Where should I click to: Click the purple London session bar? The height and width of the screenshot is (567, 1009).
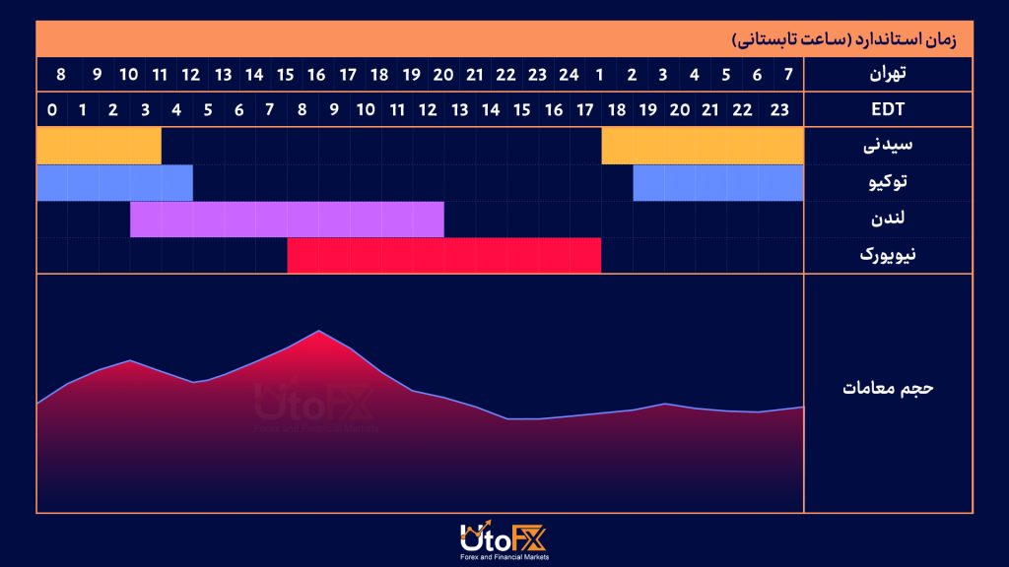point(287,219)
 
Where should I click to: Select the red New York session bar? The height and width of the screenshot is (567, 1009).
point(443,255)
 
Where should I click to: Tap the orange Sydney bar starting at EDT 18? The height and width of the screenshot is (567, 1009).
point(702,146)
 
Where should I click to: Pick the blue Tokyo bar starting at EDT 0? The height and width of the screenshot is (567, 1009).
point(114,182)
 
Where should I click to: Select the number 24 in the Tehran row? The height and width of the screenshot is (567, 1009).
point(569,74)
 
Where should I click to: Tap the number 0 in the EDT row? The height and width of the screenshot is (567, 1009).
point(51,109)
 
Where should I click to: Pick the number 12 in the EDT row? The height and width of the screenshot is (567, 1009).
point(428,109)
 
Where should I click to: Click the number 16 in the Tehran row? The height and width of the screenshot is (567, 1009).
point(316,74)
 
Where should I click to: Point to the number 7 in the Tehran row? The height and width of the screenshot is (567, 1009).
point(787,74)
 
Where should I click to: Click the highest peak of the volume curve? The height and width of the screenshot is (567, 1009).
point(318,331)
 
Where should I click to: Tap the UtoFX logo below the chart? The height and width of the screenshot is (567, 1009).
point(503,540)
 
